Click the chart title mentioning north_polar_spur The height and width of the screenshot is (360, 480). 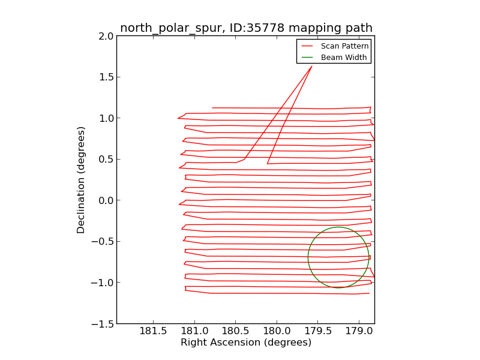tap(246, 28)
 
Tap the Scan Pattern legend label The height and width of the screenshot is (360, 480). tap(344, 46)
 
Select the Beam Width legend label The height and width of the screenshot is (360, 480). tap(344, 58)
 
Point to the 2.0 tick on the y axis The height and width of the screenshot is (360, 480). tap(106, 36)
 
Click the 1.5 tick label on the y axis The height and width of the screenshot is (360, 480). tap(106, 77)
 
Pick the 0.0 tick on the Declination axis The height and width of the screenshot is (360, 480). tap(106, 200)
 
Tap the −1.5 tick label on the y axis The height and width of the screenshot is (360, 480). tap(103, 324)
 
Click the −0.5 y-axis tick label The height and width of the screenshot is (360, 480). tap(103, 242)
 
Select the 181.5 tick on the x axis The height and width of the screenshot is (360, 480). tap(153, 331)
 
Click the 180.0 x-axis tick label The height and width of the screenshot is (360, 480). tap(277, 331)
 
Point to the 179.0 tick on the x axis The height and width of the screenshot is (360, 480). tap(359, 331)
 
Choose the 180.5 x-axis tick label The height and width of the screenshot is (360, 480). tap(235, 331)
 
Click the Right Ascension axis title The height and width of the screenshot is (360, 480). tap(246, 343)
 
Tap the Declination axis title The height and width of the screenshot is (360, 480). tap(81, 180)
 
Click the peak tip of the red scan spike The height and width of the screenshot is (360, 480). tap(312, 66)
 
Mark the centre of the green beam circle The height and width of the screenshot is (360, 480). tap(338, 257)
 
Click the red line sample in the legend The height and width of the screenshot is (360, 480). tap(307, 46)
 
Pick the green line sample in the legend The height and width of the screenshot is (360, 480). tap(307, 58)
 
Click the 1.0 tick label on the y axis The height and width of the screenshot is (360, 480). tap(106, 118)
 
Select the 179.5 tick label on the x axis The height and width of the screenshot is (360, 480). tap(317, 331)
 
